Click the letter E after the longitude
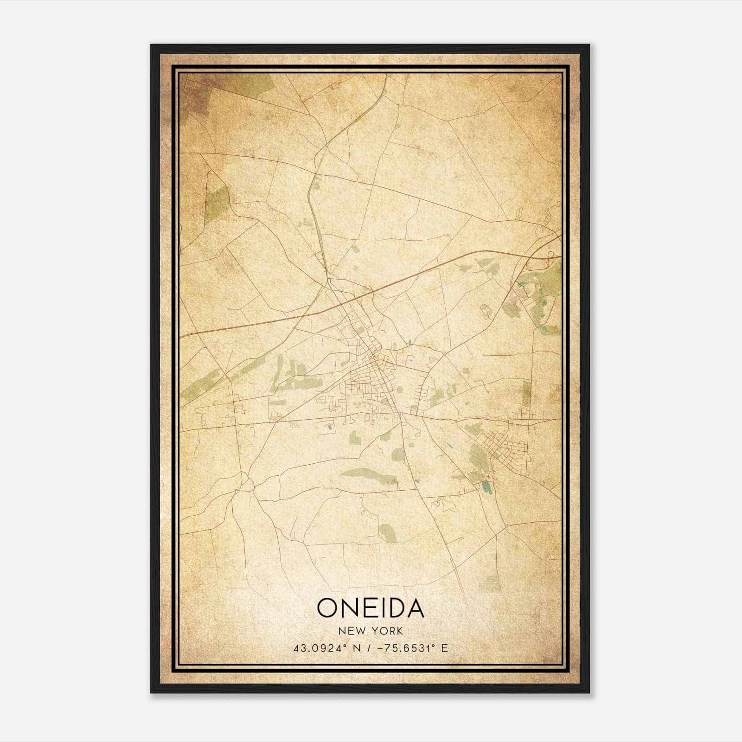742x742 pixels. [445, 648]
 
